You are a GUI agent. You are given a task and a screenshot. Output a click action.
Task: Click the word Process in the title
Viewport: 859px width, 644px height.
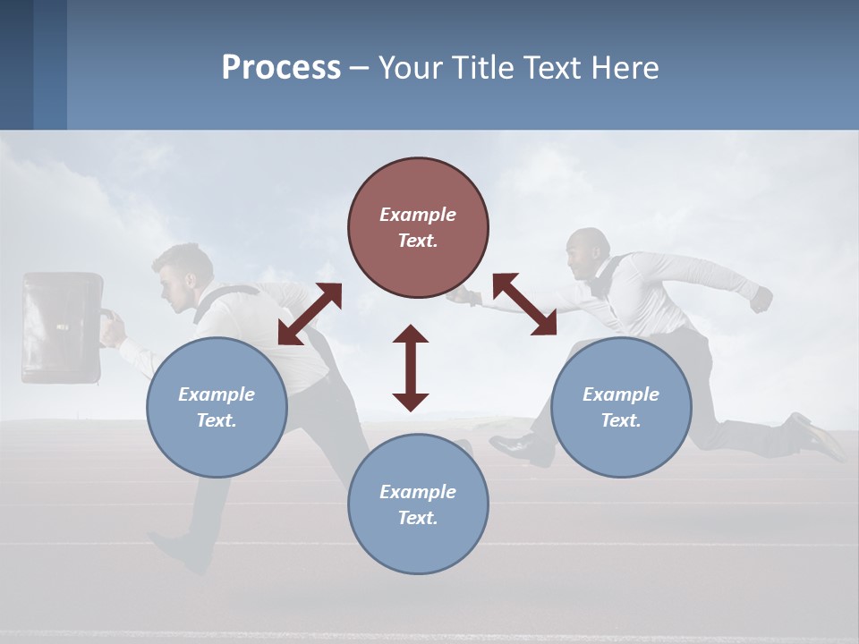point(281,67)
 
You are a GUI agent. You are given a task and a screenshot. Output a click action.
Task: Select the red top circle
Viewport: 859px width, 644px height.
point(418,227)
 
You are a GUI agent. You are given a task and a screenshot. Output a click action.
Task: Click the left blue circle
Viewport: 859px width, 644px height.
point(217,407)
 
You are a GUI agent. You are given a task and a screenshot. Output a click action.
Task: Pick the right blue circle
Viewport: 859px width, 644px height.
point(621,407)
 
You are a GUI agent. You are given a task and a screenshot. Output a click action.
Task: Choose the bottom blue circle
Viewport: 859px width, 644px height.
point(418,504)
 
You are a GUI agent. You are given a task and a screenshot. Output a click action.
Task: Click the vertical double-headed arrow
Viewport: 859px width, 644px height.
point(411,368)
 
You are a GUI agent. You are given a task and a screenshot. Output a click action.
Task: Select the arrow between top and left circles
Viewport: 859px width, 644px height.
point(310,314)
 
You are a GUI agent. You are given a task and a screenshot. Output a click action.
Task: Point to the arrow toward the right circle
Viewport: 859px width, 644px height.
point(524,305)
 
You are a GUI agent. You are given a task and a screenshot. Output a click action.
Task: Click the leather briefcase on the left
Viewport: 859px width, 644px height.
point(62,327)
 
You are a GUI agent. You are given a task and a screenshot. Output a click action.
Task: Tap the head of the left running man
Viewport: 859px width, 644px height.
point(183,277)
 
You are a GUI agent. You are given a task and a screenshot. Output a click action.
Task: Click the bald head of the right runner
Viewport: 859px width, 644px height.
point(590,250)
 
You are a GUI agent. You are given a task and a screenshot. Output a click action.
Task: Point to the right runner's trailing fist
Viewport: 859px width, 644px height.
point(761,299)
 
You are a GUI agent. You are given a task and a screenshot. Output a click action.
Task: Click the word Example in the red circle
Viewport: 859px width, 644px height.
point(418,215)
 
